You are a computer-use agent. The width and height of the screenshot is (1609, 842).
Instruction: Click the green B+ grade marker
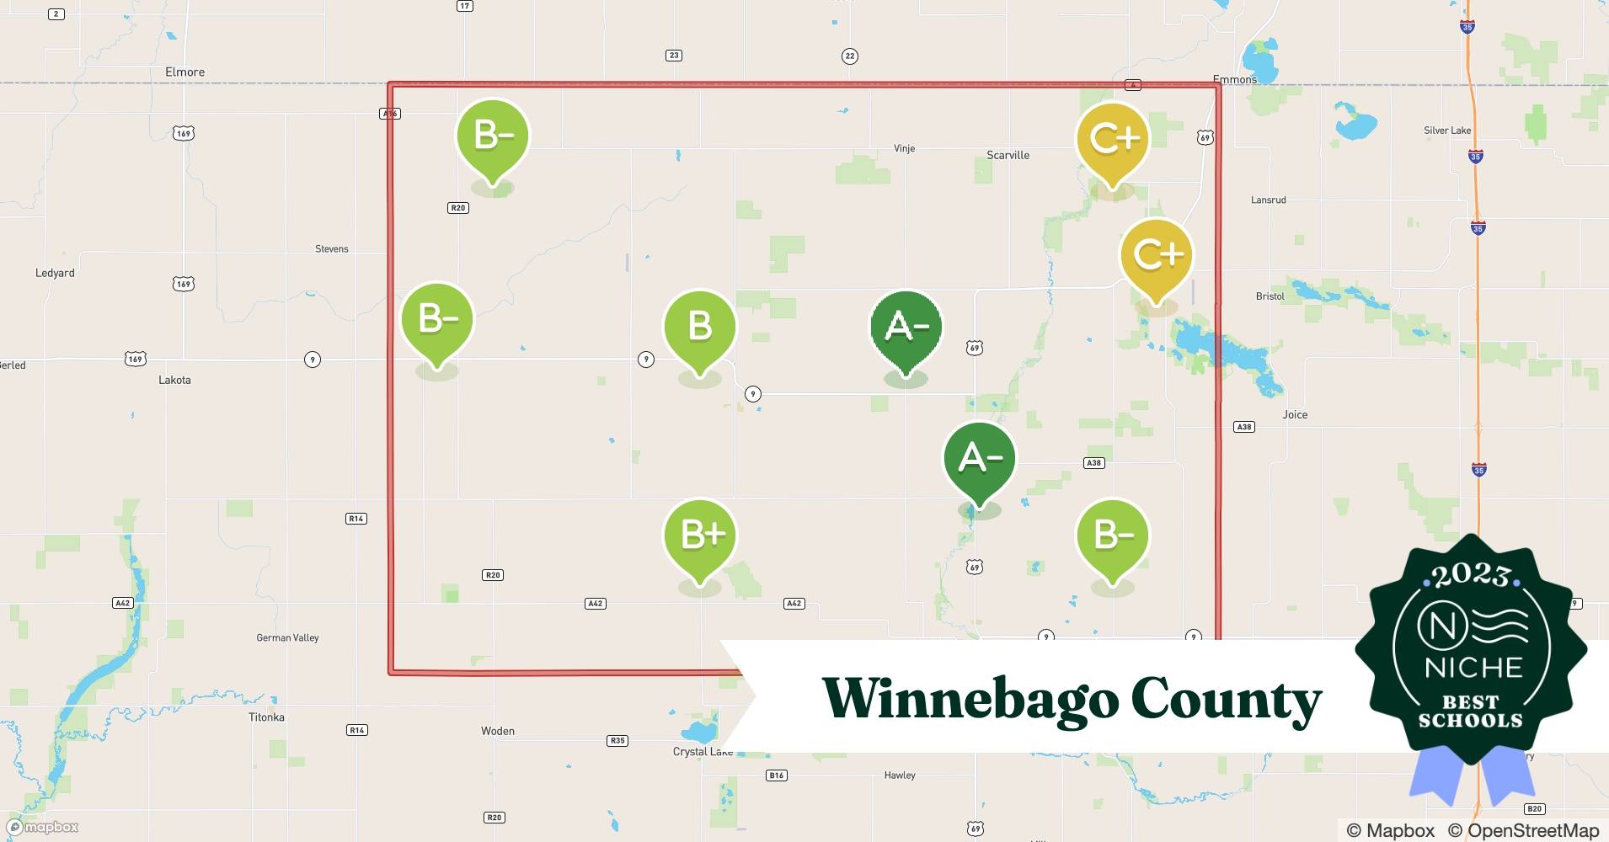[x=700, y=536]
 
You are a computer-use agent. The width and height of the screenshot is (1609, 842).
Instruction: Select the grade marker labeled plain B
[x=700, y=327]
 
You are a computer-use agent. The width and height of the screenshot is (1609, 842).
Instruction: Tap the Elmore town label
[x=184, y=72]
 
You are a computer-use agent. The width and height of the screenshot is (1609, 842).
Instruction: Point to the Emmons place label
[x=1234, y=79]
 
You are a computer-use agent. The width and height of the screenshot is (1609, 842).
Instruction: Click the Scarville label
[x=1008, y=155]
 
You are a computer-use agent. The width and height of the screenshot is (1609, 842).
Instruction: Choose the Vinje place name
[x=904, y=149]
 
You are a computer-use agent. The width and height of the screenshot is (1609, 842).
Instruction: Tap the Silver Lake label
[x=1447, y=131]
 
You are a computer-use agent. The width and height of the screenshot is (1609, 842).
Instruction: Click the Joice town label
[x=1295, y=414]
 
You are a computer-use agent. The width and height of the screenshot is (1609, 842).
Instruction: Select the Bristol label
[x=1270, y=296]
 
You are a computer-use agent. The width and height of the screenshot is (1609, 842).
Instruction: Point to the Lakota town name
[x=174, y=380]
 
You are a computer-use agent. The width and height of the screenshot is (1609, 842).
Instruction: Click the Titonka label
[x=266, y=717]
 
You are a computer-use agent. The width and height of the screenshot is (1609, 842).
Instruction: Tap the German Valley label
[x=287, y=638]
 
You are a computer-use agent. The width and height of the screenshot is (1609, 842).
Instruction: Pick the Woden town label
[x=497, y=731]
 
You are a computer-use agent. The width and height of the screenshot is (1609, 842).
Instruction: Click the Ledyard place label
[x=55, y=273]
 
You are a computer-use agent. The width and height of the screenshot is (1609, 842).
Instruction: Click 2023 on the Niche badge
[x=1470, y=575]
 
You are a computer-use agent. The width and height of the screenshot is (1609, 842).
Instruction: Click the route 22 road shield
[x=849, y=56]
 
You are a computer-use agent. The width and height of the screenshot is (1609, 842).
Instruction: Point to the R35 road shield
[x=617, y=741]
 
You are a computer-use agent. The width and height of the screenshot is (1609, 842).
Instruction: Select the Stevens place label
[x=331, y=249]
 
